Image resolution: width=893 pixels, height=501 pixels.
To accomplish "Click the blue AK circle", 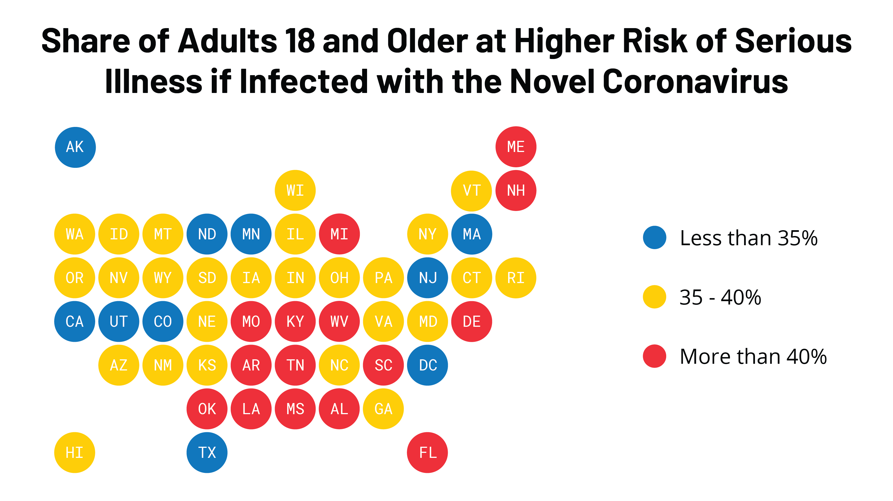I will point(75,147).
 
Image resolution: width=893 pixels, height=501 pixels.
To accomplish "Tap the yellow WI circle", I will point(295,190).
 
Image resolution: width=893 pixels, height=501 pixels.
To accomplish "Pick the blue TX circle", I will point(207,453).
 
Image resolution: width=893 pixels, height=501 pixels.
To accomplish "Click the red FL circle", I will point(427,453).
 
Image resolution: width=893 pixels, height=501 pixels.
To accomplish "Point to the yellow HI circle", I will point(75,453).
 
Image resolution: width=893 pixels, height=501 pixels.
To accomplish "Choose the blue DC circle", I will point(427,365).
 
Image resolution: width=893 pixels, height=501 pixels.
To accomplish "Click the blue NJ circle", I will point(427,278).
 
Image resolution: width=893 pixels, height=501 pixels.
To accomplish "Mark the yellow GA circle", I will point(383,409).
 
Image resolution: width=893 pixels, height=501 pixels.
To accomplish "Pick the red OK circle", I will point(207,409).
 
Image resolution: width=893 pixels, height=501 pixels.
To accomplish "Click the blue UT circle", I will point(119,321).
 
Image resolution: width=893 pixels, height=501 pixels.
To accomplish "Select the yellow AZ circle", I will point(119,365).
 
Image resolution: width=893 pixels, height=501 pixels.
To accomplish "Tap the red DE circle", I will point(471,321).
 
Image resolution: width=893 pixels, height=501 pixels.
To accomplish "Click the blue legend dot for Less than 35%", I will point(654,237).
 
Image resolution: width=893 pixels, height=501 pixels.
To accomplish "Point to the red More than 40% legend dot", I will point(654,356).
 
